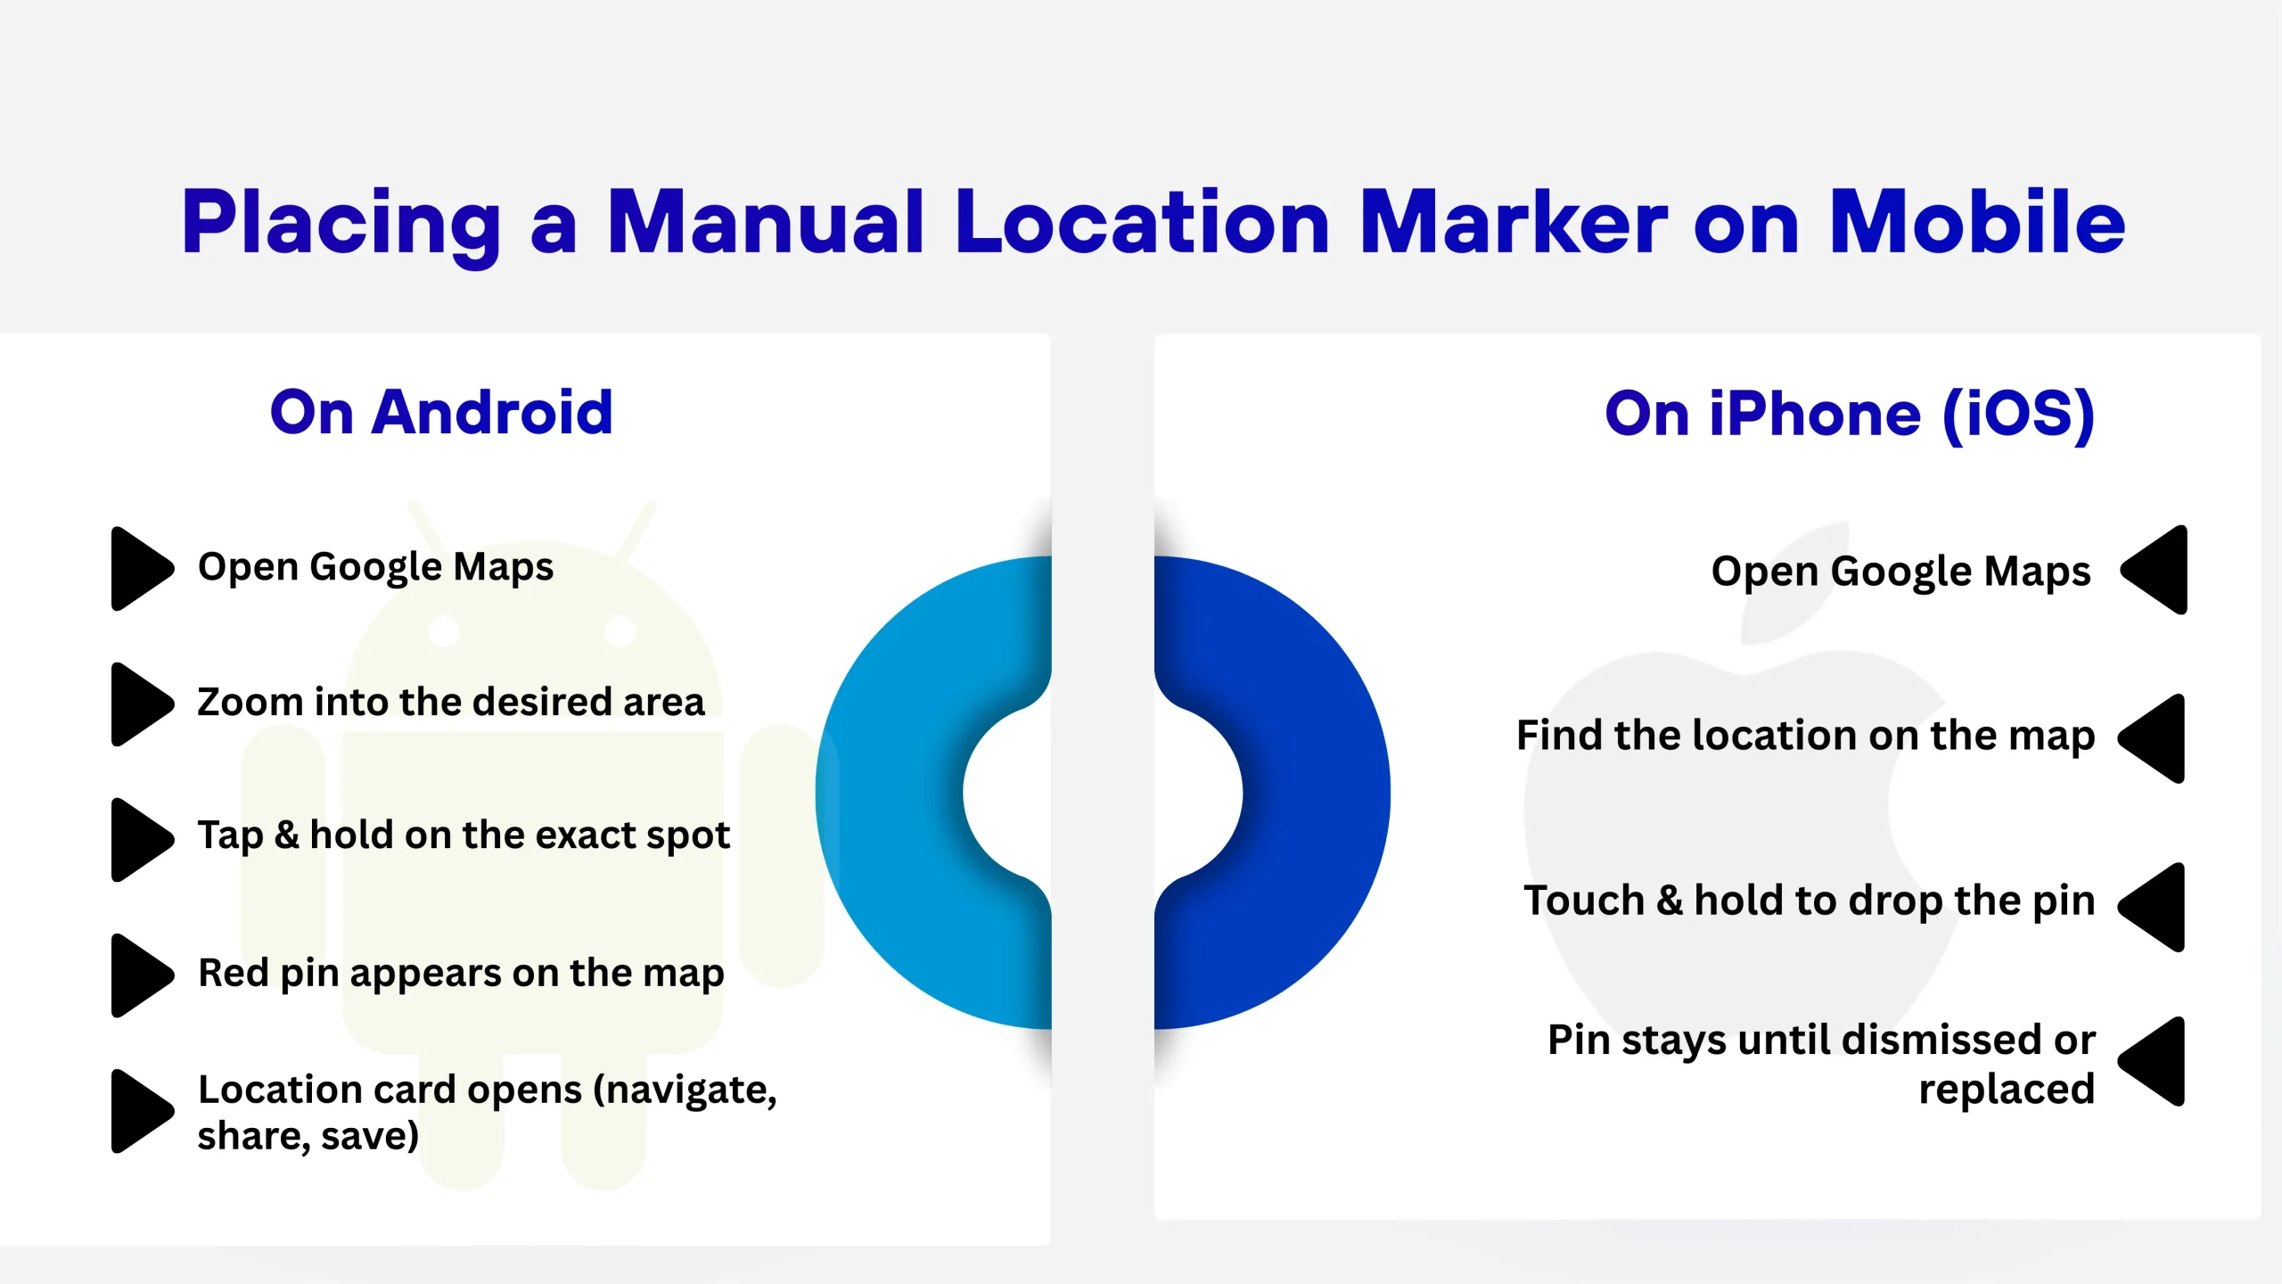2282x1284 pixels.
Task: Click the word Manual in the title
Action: tap(765, 222)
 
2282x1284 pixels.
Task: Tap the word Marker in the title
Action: tap(1513, 222)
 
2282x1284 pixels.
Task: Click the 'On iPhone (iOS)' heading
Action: tap(1849, 415)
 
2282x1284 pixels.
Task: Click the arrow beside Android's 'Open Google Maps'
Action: tap(141, 569)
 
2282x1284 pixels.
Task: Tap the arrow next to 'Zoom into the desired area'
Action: tap(141, 704)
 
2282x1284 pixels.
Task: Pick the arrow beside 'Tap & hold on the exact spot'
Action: tap(141, 839)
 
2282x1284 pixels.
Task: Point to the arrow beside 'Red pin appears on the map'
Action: tap(141, 975)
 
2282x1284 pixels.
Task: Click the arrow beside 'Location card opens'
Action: tap(141, 1111)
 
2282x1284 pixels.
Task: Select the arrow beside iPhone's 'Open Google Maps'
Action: tap(2155, 570)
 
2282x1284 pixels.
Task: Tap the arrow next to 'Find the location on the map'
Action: tap(2154, 738)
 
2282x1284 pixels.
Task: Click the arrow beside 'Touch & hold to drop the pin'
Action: tap(2154, 907)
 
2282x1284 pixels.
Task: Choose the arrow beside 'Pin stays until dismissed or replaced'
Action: tap(2154, 1061)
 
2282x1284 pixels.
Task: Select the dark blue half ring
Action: tap(1316, 792)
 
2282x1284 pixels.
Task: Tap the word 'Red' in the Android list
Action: tap(234, 972)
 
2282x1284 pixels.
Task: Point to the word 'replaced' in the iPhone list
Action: tap(2007, 1090)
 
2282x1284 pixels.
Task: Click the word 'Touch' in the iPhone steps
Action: tap(1584, 900)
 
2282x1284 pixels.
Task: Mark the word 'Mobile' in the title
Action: tap(1977, 222)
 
